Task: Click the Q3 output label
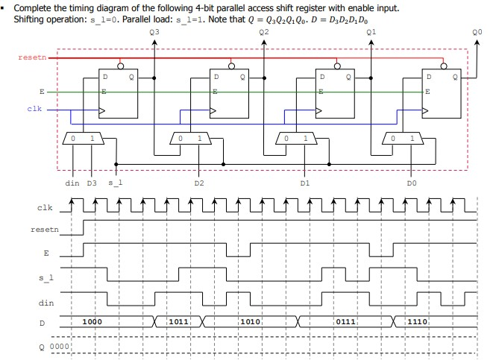pos(154,33)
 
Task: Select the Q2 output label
pos(264,33)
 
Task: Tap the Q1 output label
pos(372,33)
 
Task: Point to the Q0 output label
pos(477,33)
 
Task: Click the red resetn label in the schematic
pos(30,57)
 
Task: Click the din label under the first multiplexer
pos(72,181)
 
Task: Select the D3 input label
pos(92,181)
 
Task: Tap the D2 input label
pos(198,181)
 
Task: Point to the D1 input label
pos(304,181)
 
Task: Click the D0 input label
pos(412,181)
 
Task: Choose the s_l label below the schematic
pos(116,181)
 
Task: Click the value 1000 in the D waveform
pos(93,321)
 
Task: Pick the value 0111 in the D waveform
pos(345,321)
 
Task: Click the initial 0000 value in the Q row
pos(59,346)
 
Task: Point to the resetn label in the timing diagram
pos(44,230)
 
